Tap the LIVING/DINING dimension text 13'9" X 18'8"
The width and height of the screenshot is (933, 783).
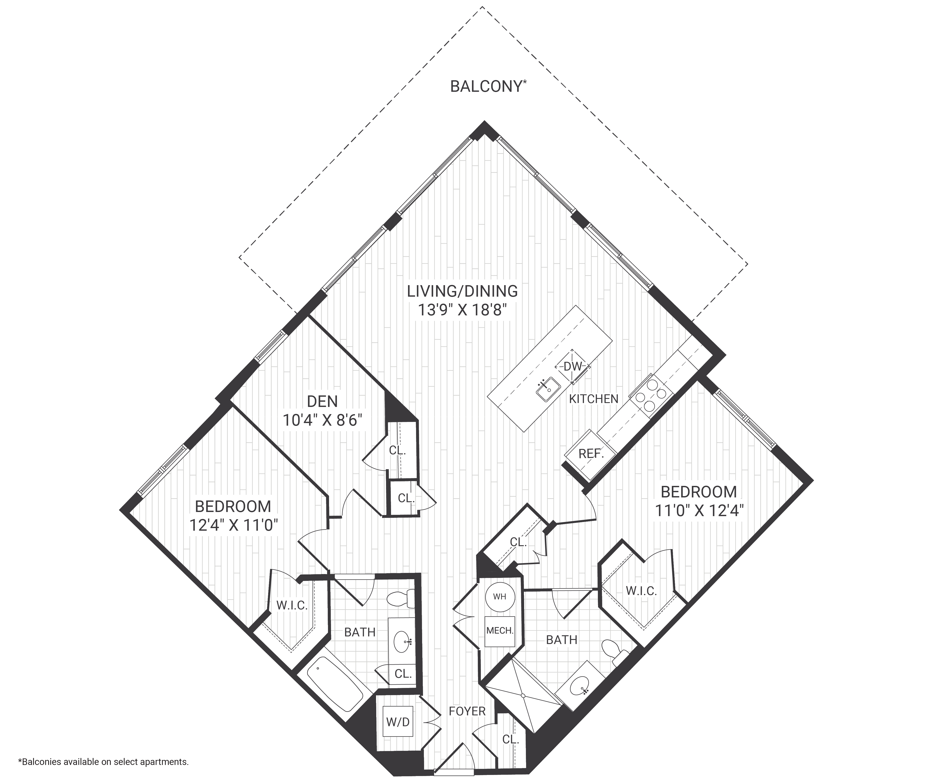click(462, 310)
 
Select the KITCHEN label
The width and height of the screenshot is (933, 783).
click(594, 399)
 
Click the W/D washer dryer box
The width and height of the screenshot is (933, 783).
click(398, 722)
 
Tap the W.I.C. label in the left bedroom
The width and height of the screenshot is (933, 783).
click(292, 605)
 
